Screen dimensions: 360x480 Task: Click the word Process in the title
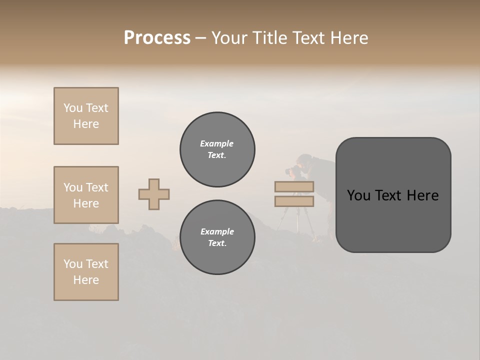[x=157, y=38]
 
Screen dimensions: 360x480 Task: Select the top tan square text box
[x=86, y=116]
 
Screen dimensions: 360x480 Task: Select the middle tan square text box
[x=86, y=195]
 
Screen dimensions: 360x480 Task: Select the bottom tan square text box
[x=86, y=272]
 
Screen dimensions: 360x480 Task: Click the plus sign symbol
[x=154, y=194]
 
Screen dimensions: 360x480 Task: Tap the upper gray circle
[x=217, y=149]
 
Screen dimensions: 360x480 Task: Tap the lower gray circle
[x=217, y=237]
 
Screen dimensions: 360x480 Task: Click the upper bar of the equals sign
[x=294, y=186]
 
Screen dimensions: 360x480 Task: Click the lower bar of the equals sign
[x=294, y=201]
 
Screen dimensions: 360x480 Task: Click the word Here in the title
[x=348, y=38]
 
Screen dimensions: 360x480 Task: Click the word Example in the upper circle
[x=216, y=143]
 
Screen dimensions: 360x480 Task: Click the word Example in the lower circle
[x=217, y=231]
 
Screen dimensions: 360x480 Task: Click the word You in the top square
[x=73, y=108]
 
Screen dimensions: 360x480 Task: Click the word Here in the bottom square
[x=86, y=280]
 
